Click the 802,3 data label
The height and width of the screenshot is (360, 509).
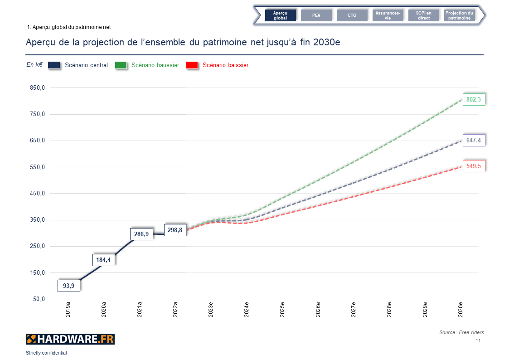click(x=474, y=99)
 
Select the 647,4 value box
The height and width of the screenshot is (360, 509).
click(x=474, y=140)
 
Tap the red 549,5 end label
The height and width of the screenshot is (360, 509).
click(x=474, y=166)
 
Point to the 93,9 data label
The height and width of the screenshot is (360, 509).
click(x=69, y=286)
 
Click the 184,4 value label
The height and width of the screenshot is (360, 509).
click(x=103, y=260)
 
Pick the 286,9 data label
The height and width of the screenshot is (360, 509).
click(x=141, y=234)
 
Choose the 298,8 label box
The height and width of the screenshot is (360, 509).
click(x=175, y=230)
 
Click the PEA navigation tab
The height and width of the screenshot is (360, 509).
click(x=316, y=15)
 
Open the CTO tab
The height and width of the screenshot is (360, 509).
click(x=352, y=15)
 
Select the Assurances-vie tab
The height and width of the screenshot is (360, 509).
click(x=388, y=15)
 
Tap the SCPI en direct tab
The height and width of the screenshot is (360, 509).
click(x=424, y=15)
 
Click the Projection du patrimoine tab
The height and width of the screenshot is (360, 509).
click(x=459, y=15)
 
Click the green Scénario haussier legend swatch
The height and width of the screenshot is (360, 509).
click(x=121, y=65)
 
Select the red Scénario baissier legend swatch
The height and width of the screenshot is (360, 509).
click(x=192, y=65)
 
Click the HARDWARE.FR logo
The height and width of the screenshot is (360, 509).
click(x=70, y=339)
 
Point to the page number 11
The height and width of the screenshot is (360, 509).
click(x=478, y=341)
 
